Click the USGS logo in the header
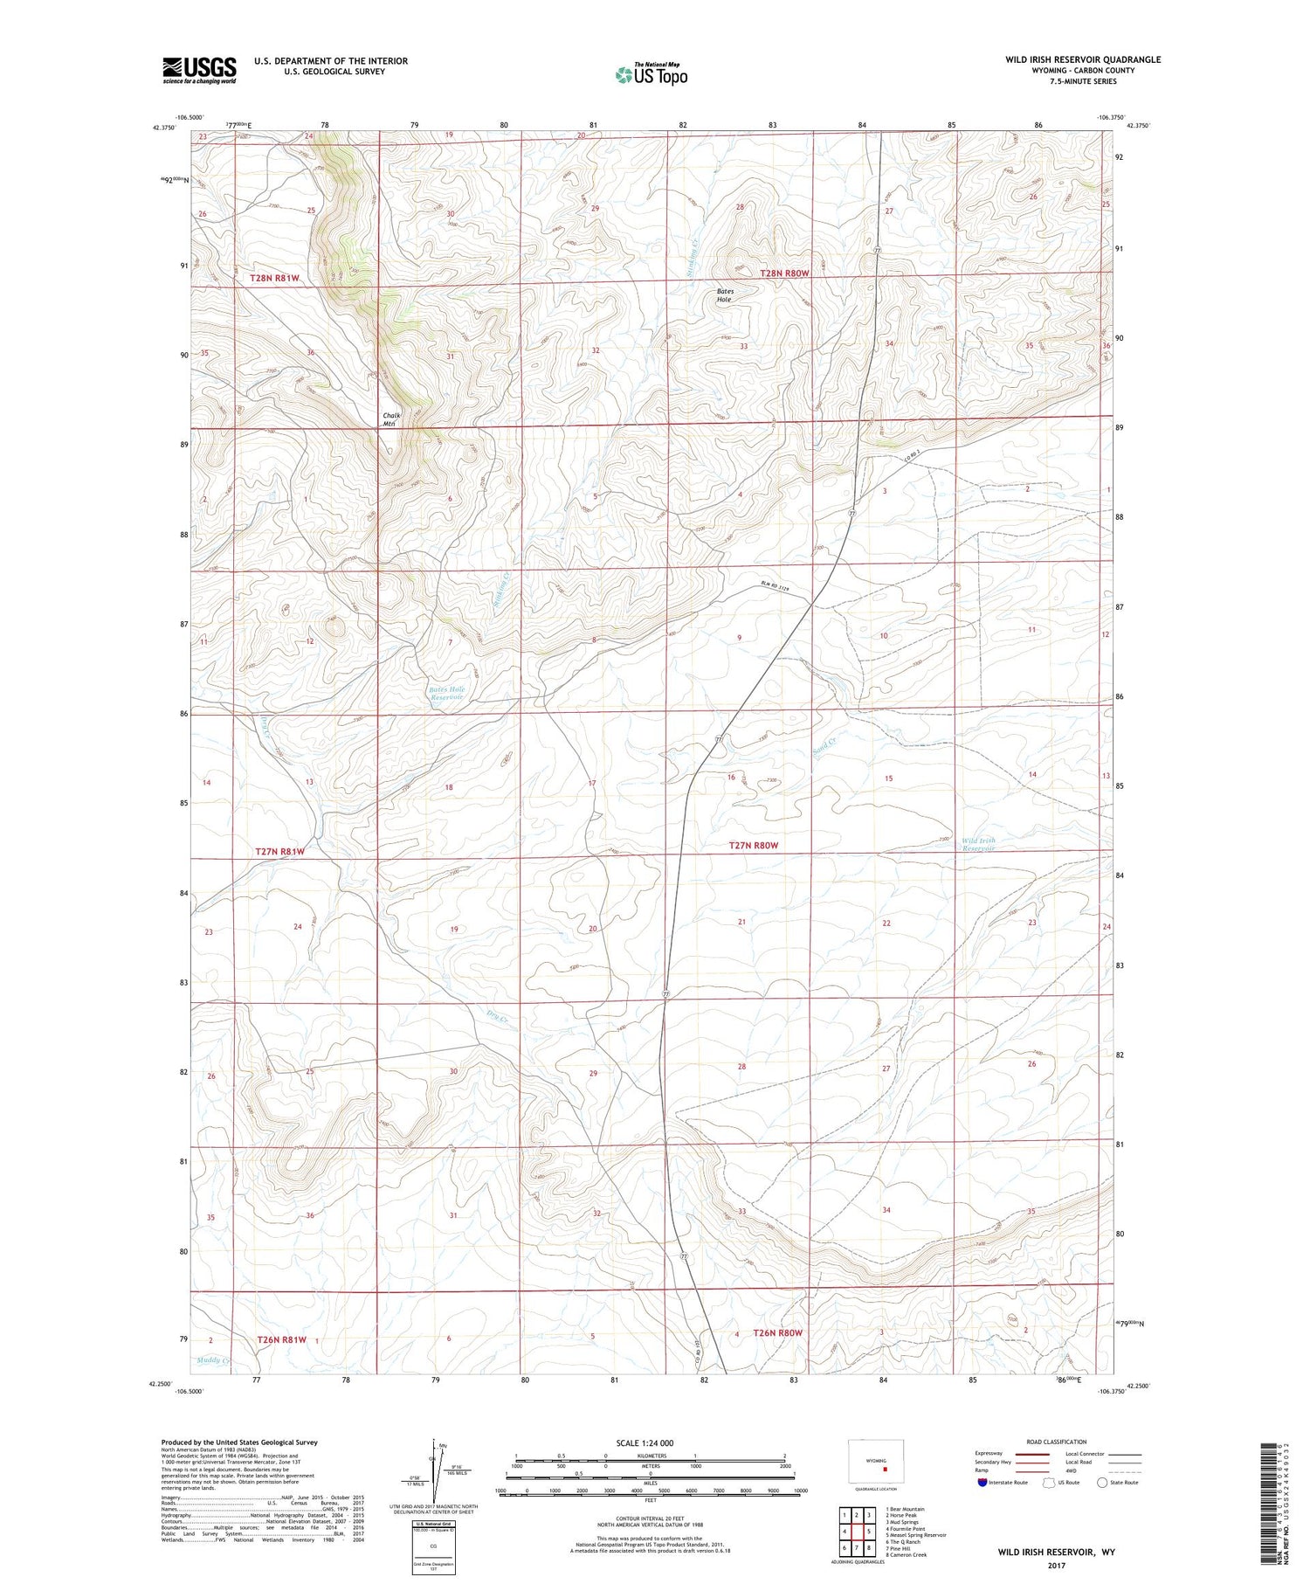(199, 70)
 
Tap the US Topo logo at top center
(651, 75)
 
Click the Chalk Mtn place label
(390, 419)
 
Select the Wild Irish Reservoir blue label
(978, 844)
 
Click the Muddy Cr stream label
(213, 1360)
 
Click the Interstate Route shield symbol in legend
(982, 1482)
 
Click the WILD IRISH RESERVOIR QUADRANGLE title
(1083, 59)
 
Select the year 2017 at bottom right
(1056, 1565)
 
